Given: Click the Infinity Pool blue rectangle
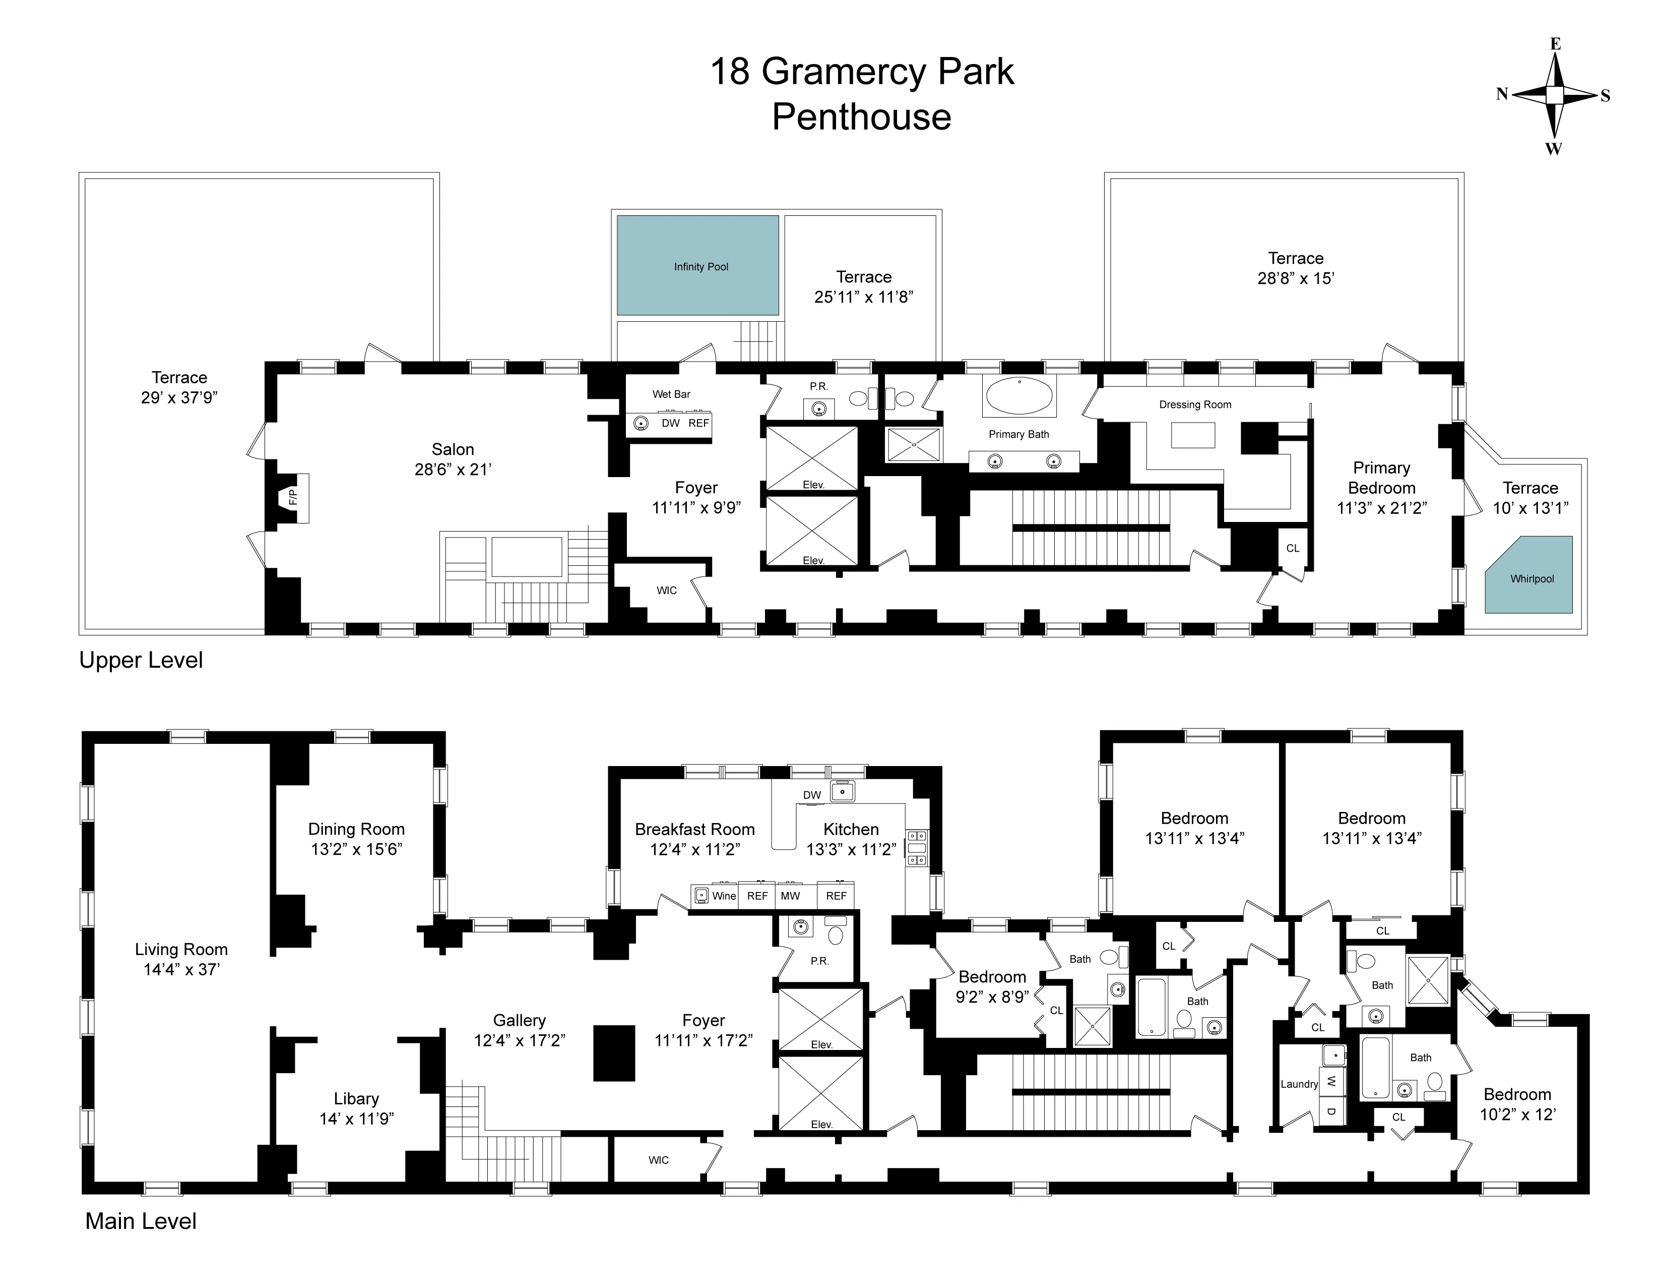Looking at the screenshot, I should [x=697, y=265].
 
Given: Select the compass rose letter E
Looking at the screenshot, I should [x=1556, y=44].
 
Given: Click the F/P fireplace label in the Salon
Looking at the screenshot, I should [x=292, y=497].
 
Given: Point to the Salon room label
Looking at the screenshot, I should [x=453, y=449].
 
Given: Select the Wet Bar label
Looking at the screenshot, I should [x=671, y=394].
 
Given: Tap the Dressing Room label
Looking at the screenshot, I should [x=1195, y=404].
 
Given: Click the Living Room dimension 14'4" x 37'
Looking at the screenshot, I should [x=181, y=969].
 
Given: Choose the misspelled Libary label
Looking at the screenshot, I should [x=356, y=1098].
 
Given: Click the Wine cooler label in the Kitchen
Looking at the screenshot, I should [x=723, y=896].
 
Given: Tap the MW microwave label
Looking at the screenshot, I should [x=790, y=896].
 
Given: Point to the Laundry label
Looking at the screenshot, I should [x=1298, y=1084].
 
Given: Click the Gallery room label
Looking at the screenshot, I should [x=519, y=1020].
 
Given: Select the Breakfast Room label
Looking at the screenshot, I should [x=694, y=829].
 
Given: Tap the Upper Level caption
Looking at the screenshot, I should [x=141, y=660].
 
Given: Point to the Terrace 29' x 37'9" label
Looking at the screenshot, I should [x=179, y=378].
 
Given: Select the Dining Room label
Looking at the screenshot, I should [x=356, y=829].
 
